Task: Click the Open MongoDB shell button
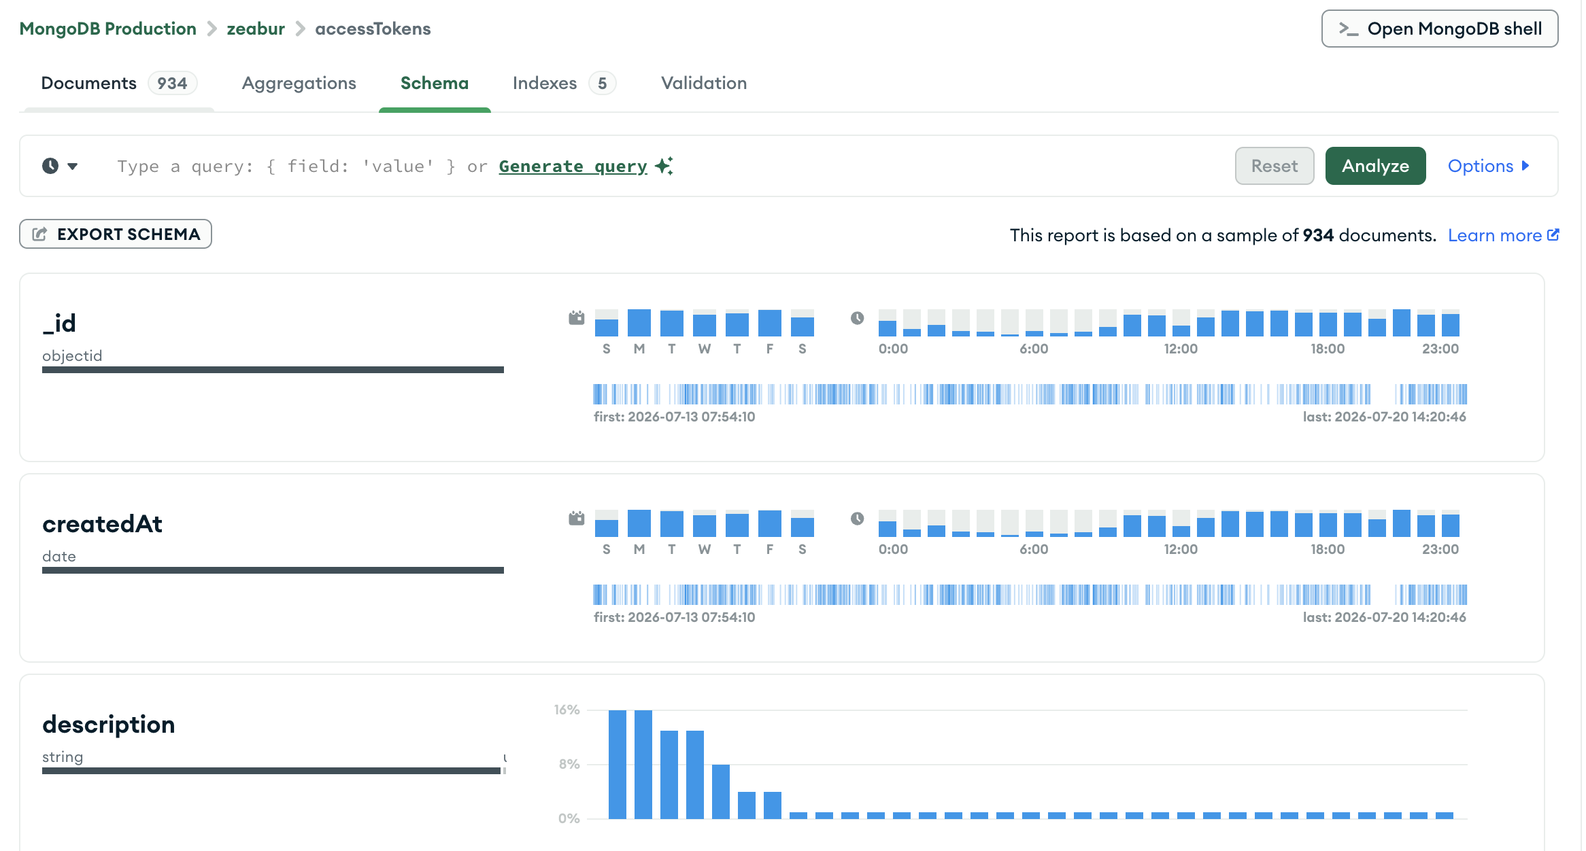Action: tap(1439, 29)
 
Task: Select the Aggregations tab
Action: tap(299, 83)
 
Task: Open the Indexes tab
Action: tap(564, 83)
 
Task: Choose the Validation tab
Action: tap(704, 83)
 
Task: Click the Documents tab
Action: tap(119, 83)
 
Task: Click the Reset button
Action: tap(1274, 166)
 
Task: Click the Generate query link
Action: tap(573, 166)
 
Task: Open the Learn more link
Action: tap(1503, 235)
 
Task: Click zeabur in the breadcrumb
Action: tap(256, 29)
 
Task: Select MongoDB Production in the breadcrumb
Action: tap(107, 29)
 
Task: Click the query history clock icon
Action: tap(50, 166)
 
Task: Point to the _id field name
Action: tap(59, 324)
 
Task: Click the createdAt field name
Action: tap(102, 524)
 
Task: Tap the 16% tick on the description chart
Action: tap(567, 710)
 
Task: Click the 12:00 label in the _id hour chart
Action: tap(1181, 349)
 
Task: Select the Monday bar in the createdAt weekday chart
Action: tap(639, 523)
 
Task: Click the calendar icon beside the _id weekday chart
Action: tap(577, 317)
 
